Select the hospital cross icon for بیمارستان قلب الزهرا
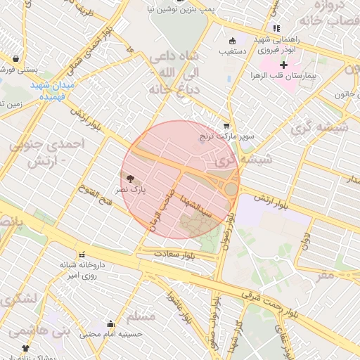point(283,65)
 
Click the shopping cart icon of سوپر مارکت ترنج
point(226,125)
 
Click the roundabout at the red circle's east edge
point(231,188)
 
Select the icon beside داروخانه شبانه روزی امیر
point(82,255)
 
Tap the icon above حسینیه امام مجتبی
point(110,324)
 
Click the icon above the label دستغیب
point(231,40)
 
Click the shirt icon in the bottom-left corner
point(26,348)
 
